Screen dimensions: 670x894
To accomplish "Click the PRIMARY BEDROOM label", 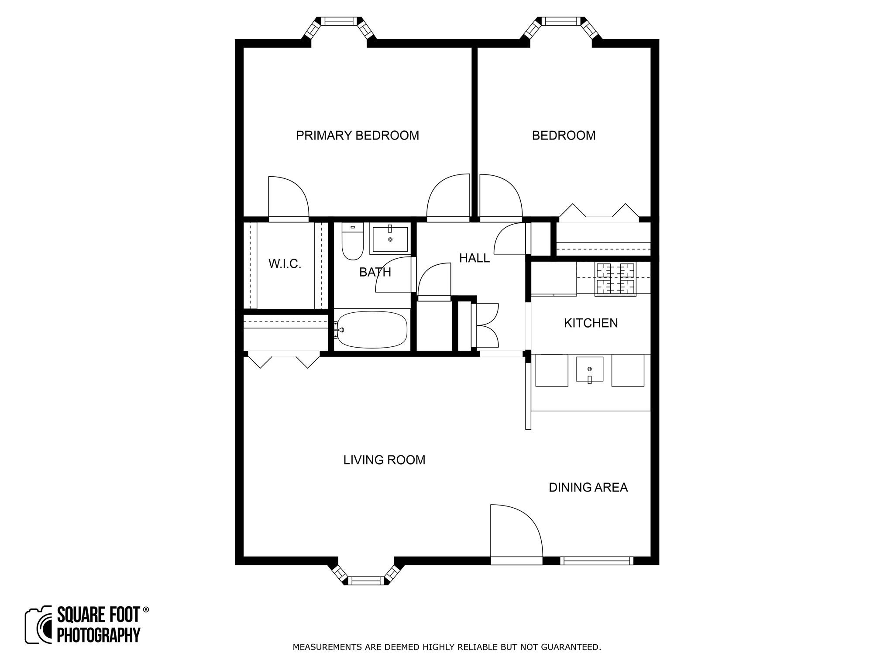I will pyautogui.click(x=357, y=136).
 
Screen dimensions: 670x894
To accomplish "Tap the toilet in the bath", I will pyautogui.click(x=352, y=242).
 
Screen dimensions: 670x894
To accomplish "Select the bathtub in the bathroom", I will pyautogui.click(x=372, y=330).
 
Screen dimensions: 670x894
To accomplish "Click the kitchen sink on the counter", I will pyautogui.click(x=589, y=369).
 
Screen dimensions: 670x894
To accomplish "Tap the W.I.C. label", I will pyautogui.click(x=285, y=264).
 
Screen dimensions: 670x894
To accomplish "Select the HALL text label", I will pyautogui.click(x=474, y=258).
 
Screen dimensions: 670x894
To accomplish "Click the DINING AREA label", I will pyautogui.click(x=588, y=487).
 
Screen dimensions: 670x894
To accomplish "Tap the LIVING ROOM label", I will pyautogui.click(x=384, y=460).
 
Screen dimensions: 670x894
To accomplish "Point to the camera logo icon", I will pyautogui.click(x=38, y=625).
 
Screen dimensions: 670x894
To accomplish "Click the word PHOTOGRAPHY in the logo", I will pyautogui.click(x=99, y=635).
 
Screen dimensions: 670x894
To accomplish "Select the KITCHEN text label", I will pyautogui.click(x=591, y=323).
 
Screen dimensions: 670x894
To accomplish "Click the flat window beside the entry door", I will pyautogui.click(x=596, y=561).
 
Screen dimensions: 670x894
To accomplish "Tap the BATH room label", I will pyautogui.click(x=375, y=272).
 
